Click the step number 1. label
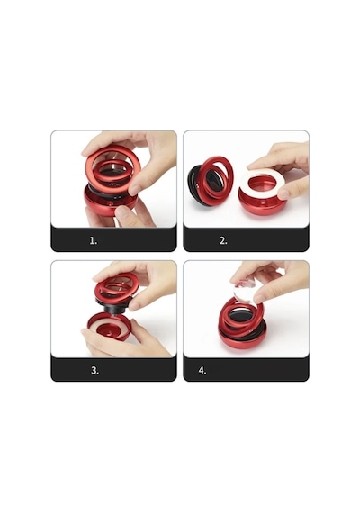pyautogui.click(x=94, y=241)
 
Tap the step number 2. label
pyautogui.click(x=223, y=241)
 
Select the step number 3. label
pyautogui.click(x=94, y=371)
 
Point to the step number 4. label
pyautogui.click(x=202, y=371)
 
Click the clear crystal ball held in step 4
pyautogui.click(x=245, y=290)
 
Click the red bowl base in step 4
pyautogui.click(x=241, y=340)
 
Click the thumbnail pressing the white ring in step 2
pyautogui.click(x=283, y=194)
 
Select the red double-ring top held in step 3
pyautogui.click(x=116, y=288)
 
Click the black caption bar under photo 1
pyautogui.click(x=113, y=239)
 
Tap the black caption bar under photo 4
pyautogui.click(x=246, y=369)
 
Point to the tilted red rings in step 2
pyautogui.click(x=216, y=177)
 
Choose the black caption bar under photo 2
pyautogui.click(x=246, y=239)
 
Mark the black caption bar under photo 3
pyautogui.click(x=113, y=369)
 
